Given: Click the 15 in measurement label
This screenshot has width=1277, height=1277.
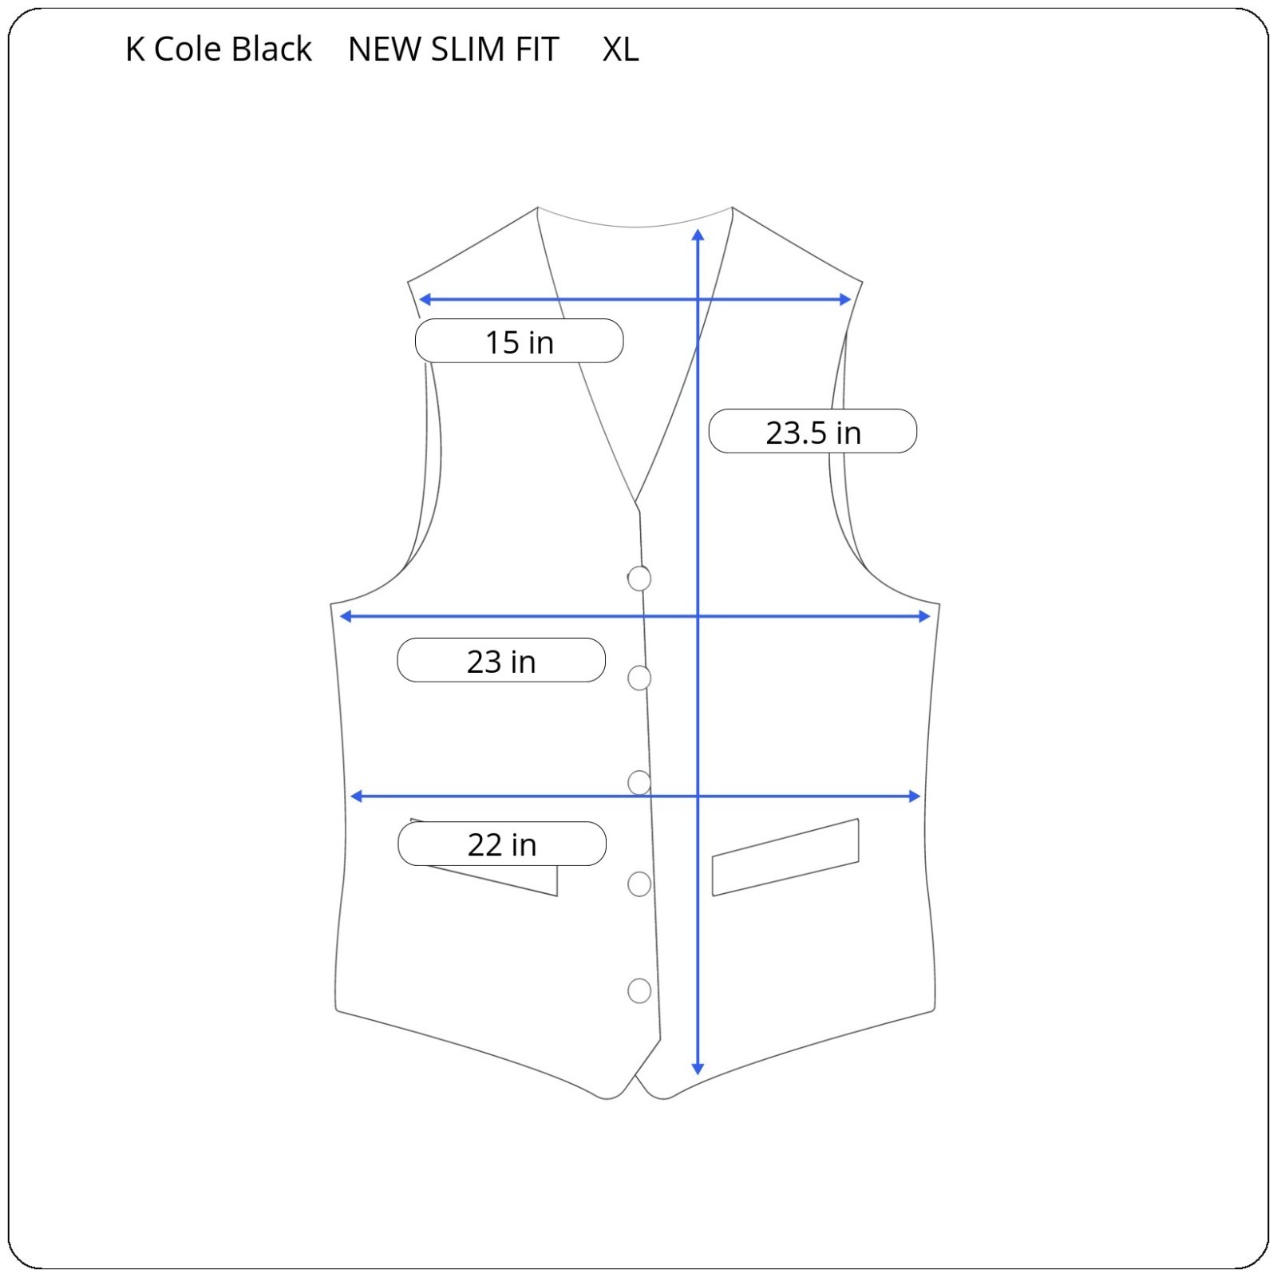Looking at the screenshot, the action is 519,341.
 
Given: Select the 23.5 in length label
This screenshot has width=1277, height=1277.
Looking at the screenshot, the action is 812,431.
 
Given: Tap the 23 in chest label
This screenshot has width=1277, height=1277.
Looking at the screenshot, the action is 501,660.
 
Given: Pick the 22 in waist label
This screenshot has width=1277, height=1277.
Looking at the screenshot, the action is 502,844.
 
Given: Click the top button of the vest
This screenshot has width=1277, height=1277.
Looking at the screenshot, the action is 639,578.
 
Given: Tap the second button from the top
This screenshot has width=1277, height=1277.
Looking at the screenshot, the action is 639,678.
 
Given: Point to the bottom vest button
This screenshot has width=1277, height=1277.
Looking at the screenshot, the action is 639,990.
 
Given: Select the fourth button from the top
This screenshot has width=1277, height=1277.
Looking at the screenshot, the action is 639,884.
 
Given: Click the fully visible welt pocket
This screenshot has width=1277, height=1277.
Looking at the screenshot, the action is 785,857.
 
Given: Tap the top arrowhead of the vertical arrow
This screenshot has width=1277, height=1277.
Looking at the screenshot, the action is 698,235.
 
